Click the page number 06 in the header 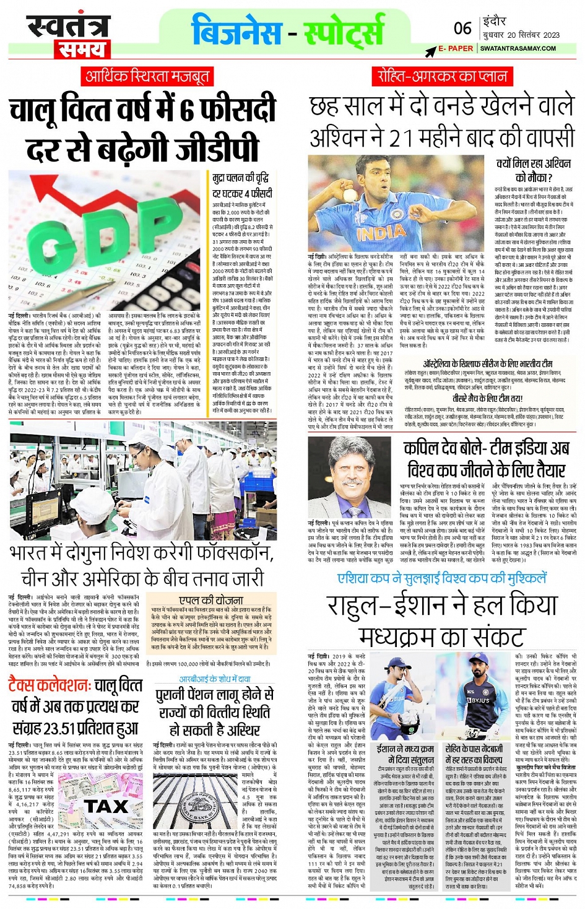tap(462, 28)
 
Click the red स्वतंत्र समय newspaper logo tap(68, 36)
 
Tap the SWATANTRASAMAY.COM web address tap(518, 48)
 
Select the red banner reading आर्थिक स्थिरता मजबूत tap(147, 76)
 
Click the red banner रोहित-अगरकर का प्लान tap(443, 76)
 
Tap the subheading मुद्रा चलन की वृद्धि tap(240, 178)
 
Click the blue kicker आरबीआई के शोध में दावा tap(214, 679)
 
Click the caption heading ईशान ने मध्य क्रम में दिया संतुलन tap(405, 754)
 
